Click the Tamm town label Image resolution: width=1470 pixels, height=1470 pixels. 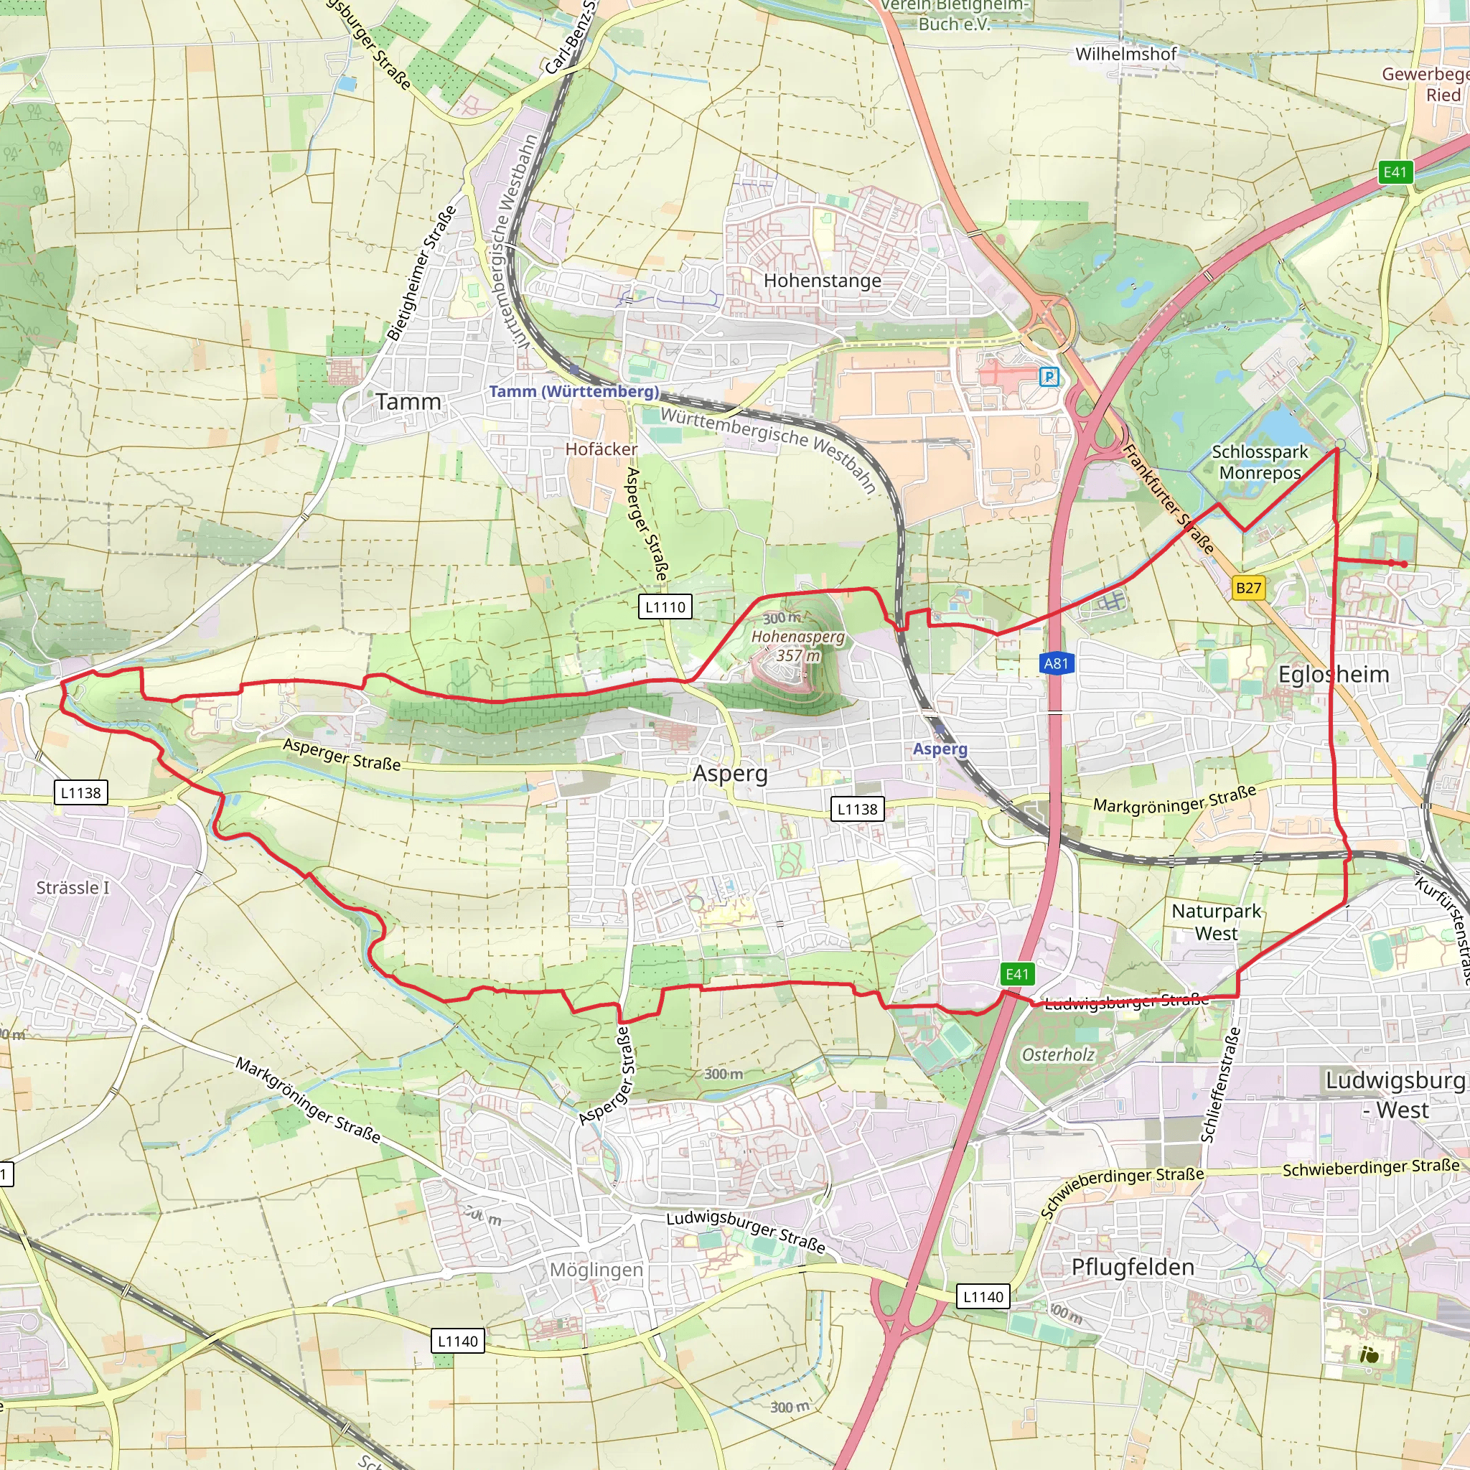pos(408,402)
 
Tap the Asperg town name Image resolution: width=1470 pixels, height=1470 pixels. pos(730,774)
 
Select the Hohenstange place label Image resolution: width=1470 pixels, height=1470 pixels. pos(822,281)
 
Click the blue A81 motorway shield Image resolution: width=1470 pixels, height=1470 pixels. pos(1055,663)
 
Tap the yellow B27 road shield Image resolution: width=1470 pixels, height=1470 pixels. pos(1247,587)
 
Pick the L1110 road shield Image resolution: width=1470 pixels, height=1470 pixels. pos(665,607)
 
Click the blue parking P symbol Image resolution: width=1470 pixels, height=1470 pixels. pos(1049,376)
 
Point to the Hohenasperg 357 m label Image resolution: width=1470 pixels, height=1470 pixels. pos(797,645)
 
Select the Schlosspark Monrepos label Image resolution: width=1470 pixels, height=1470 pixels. pos(1259,462)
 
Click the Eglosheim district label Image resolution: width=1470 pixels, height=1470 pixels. pos(1333,674)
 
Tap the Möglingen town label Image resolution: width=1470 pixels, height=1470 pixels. pos(596,1270)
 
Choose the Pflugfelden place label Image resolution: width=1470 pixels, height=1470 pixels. pos(1132,1267)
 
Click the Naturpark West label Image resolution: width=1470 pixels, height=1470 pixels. pos(1216,922)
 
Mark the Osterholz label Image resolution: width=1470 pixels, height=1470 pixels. pos(1057,1054)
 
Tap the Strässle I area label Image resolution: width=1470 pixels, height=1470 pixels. pos(73,887)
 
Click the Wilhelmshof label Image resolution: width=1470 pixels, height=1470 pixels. pos(1125,54)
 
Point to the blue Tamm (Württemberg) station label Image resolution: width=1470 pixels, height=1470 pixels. pos(574,391)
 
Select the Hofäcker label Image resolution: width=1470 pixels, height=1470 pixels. pos(600,449)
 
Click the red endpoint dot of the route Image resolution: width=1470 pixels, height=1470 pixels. pos(1404,563)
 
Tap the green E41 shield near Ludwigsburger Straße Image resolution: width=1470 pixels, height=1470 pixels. pos(1016,974)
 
